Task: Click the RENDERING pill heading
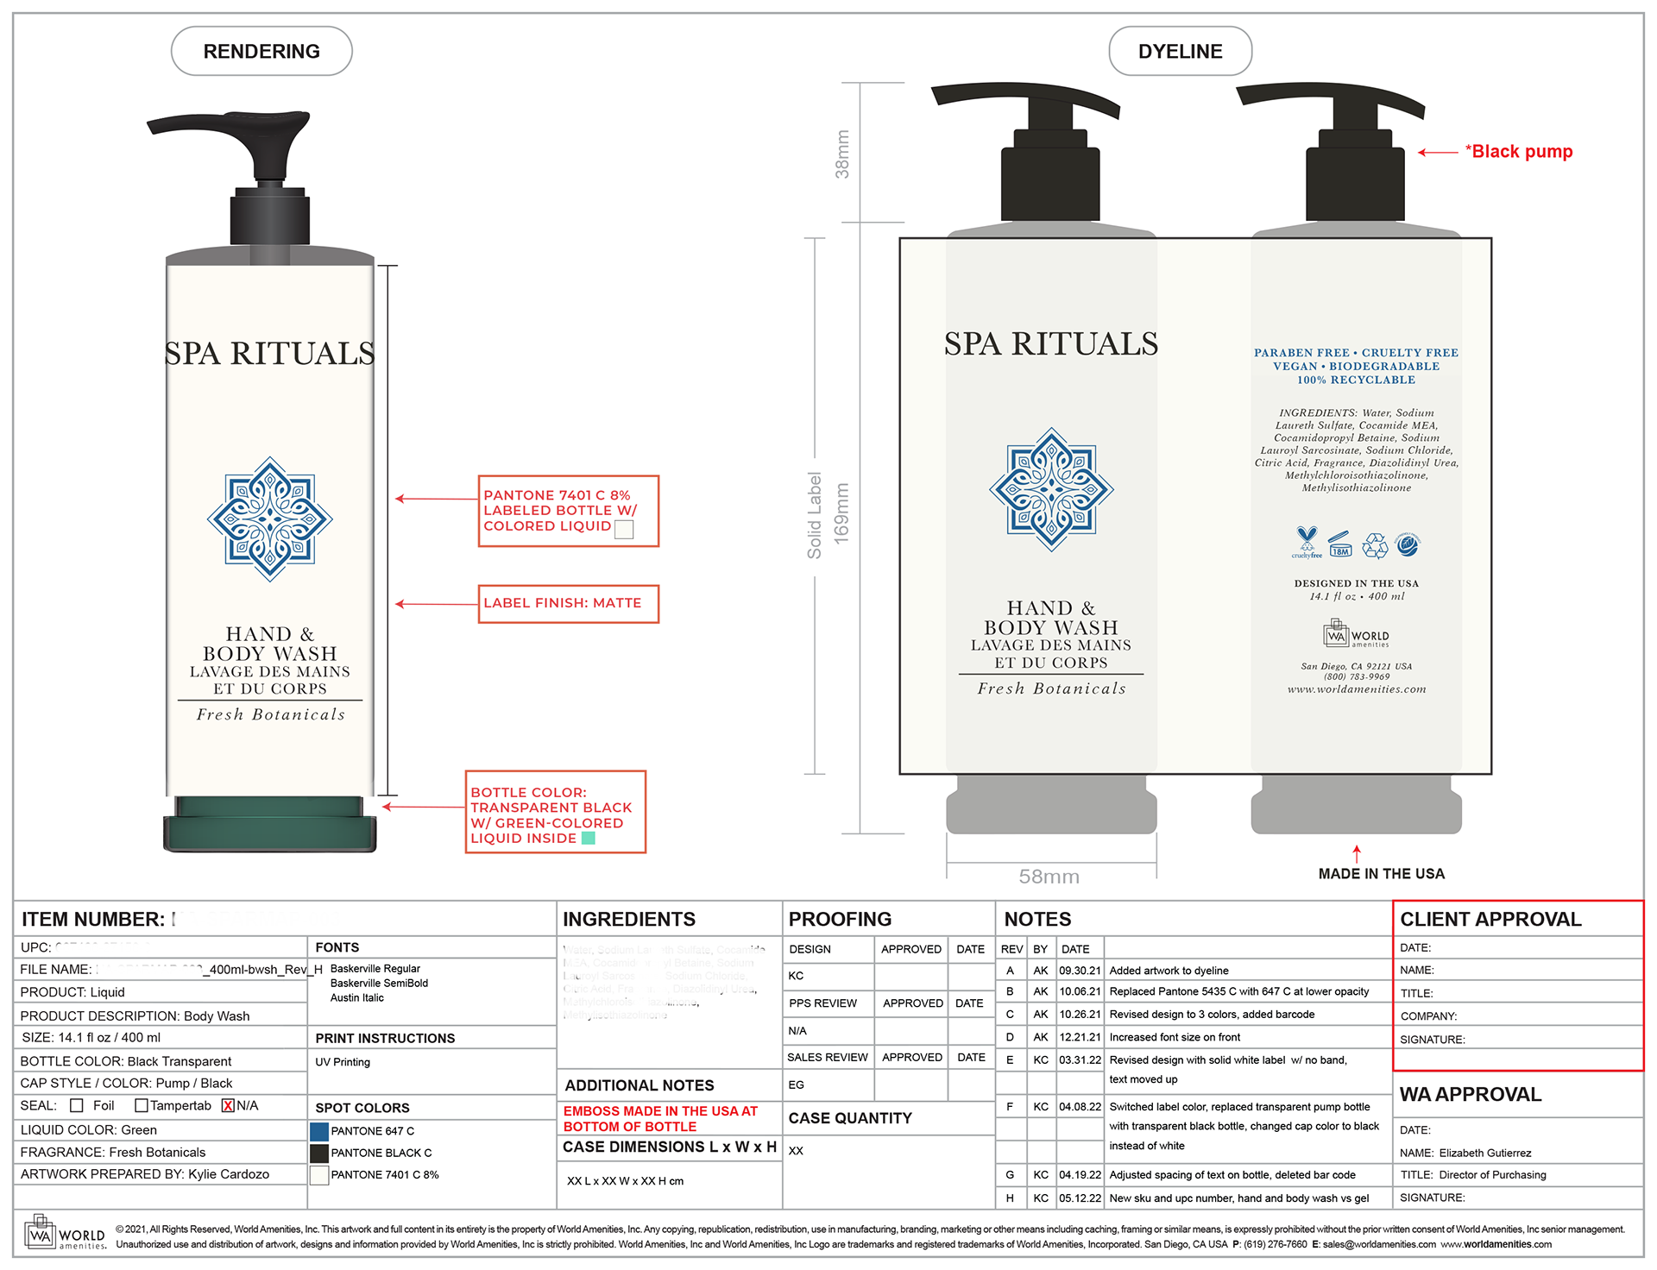261,52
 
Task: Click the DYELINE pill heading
1180,52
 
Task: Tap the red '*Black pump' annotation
1519,152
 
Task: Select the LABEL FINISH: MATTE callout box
568,604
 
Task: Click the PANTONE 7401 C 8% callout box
568,511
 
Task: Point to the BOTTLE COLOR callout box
555,813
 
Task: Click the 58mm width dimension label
1049,877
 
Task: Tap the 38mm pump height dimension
842,154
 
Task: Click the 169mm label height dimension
841,513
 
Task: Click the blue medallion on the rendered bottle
270,519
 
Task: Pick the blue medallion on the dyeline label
1051,489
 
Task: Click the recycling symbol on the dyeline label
1374,545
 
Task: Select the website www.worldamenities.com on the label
1357,689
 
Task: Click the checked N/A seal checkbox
228,1106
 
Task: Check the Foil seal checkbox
77,1106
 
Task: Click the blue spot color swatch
319,1131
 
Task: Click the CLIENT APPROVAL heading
1490,920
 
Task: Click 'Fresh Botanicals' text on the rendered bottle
270,714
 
